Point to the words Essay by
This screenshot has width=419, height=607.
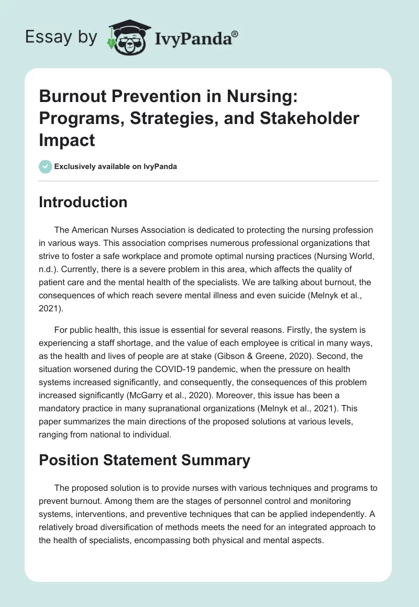point(62,37)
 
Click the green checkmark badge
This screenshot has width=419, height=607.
point(45,166)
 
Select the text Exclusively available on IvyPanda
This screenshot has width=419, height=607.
point(116,167)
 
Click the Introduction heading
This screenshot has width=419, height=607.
point(83,203)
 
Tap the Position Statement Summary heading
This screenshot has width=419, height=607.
point(144,460)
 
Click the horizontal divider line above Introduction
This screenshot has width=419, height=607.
point(208,181)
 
